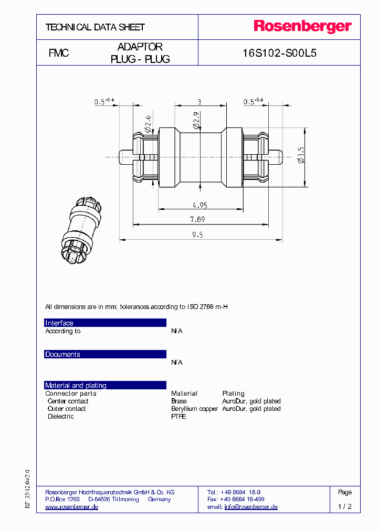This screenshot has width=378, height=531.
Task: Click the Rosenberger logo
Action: (x=302, y=27)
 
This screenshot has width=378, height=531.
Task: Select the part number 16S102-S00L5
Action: (x=279, y=54)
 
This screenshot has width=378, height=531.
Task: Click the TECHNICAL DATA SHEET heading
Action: (x=95, y=27)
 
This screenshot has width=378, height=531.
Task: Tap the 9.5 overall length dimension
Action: (x=197, y=235)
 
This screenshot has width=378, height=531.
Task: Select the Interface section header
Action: (x=59, y=323)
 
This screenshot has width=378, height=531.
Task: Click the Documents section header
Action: (x=62, y=355)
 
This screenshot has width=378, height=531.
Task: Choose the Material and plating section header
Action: (x=76, y=386)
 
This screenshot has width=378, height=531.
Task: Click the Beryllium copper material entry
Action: (x=194, y=409)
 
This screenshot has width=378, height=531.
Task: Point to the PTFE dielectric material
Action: (x=178, y=417)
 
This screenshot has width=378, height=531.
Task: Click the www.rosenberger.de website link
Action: (x=72, y=507)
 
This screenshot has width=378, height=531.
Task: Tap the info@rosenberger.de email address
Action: (x=251, y=507)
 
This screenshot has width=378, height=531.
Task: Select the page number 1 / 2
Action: (x=345, y=507)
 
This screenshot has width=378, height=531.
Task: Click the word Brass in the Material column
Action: (x=179, y=401)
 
